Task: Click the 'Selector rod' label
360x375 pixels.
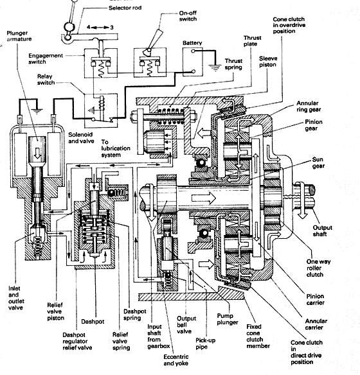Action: click(x=125, y=8)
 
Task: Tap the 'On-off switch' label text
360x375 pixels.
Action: click(x=188, y=16)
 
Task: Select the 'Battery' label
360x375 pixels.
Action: click(x=192, y=43)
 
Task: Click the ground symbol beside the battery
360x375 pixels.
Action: click(x=215, y=67)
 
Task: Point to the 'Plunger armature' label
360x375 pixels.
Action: click(x=19, y=36)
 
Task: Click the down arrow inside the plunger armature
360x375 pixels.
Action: click(x=37, y=153)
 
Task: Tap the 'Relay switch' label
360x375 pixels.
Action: click(x=46, y=80)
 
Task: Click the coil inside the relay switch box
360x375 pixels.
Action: click(x=102, y=103)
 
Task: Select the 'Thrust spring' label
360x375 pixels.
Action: click(x=233, y=64)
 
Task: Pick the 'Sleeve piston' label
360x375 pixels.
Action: click(x=268, y=62)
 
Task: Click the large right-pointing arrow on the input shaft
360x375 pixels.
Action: click(x=203, y=198)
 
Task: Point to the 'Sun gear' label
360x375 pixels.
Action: click(x=318, y=162)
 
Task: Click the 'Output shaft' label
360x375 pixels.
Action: click(x=322, y=231)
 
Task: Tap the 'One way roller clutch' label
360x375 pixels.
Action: click(x=318, y=268)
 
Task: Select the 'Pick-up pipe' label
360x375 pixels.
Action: click(x=205, y=344)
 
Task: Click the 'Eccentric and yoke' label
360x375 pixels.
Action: click(x=176, y=360)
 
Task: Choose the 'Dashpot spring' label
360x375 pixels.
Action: click(x=134, y=315)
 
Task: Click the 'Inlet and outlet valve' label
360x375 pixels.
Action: click(x=16, y=298)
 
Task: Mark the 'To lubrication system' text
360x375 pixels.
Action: click(x=116, y=148)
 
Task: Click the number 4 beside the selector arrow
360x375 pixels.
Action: click(x=88, y=27)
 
